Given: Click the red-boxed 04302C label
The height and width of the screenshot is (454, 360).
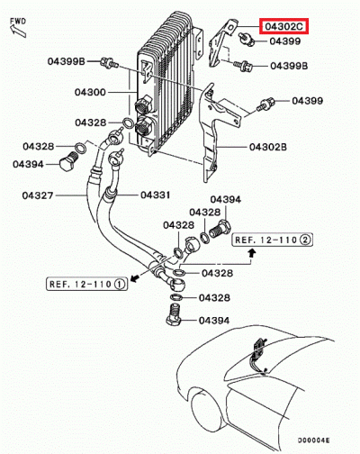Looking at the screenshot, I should coord(283,26).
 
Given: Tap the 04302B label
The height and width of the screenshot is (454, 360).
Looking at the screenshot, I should coord(267,146).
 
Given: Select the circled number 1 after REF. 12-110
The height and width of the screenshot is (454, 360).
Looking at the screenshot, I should coord(120,284).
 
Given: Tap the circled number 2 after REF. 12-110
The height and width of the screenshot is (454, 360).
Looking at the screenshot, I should coord(305,241).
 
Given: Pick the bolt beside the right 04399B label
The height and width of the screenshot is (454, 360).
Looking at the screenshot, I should coord(244,66).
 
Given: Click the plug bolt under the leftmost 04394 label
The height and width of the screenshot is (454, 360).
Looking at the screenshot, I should coord(66,165).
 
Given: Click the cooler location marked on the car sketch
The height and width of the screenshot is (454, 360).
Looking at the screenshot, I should coord(261,351).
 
